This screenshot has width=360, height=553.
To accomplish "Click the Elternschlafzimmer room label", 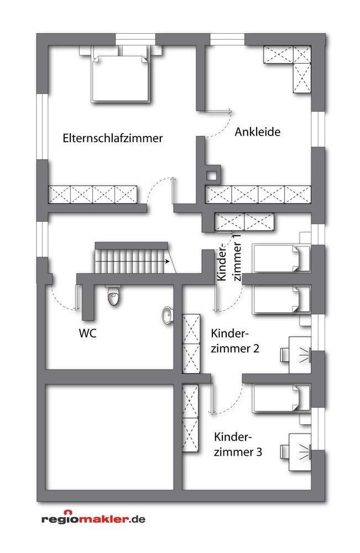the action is point(113,138).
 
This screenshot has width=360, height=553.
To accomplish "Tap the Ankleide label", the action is point(258,132).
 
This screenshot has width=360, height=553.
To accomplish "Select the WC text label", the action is point(88,334).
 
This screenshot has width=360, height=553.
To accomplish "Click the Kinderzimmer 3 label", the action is point(237,444).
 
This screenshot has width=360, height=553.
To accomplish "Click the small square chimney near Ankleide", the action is point(211,175).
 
